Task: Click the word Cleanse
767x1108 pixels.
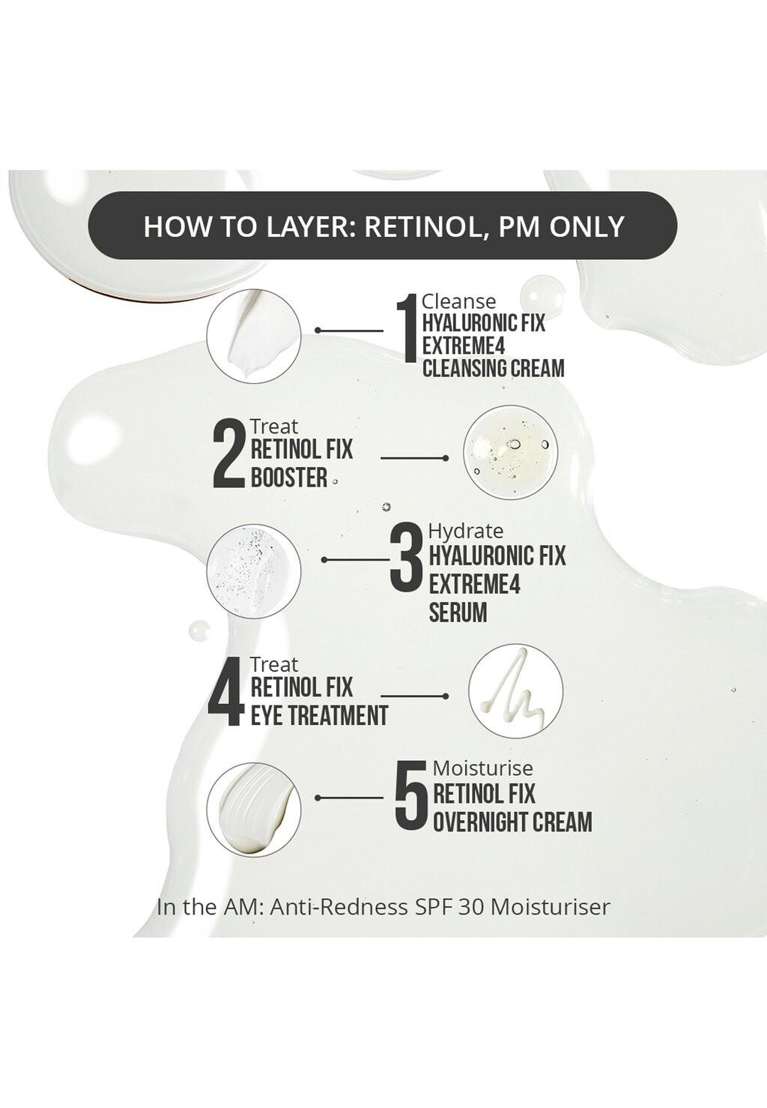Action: [x=458, y=301]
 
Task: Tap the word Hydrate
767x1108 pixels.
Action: [x=466, y=531]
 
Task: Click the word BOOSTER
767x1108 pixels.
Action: [x=289, y=478]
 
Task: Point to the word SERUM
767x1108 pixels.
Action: [x=458, y=612]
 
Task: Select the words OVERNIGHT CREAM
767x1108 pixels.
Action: [x=512, y=822]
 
